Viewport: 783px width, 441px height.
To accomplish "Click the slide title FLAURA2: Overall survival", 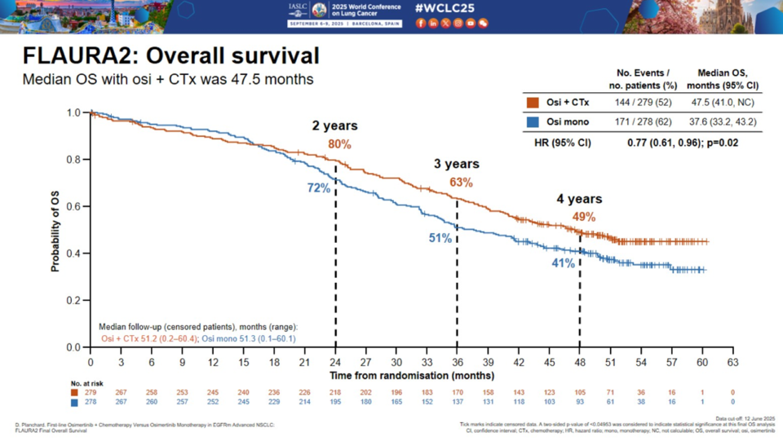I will (170, 56).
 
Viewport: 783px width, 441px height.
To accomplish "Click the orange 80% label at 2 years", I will (339, 144).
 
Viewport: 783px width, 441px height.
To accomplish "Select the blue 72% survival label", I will (318, 188).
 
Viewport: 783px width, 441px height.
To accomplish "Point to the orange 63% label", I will (461, 183).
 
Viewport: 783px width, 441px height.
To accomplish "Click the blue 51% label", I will (440, 237).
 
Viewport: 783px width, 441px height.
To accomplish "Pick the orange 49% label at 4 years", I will (583, 217).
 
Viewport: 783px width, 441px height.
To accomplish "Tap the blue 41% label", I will (563, 262).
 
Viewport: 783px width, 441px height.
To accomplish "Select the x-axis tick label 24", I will (335, 362).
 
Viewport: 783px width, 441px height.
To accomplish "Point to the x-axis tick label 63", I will (732, 362).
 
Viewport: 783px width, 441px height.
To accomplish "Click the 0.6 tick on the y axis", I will (74, 207).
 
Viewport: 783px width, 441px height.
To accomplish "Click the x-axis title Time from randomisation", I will (411, 376).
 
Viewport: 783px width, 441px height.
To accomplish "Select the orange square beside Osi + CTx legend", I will (533, 102).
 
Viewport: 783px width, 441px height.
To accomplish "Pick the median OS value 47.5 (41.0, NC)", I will (722, 102).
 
